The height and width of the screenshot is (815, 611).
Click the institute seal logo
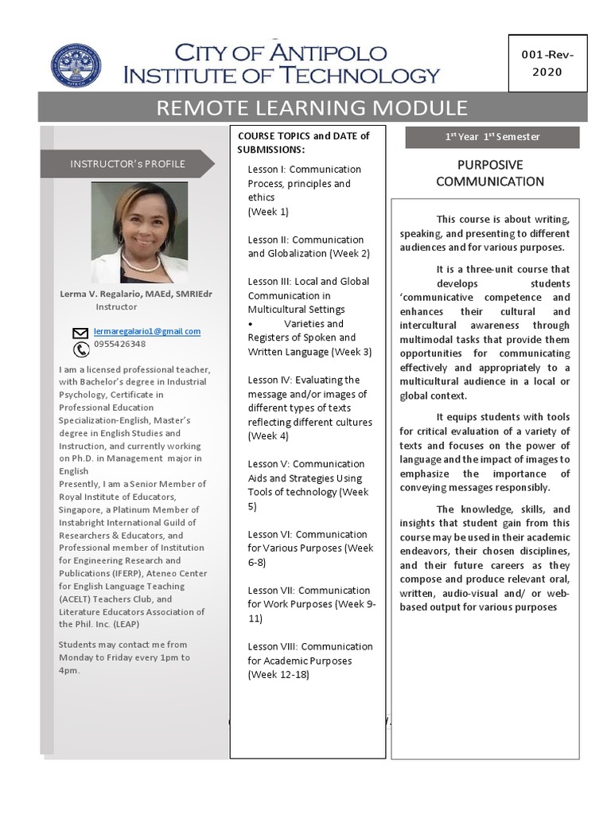pos(76,66)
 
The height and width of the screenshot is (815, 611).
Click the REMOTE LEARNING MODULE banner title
pos(312,107)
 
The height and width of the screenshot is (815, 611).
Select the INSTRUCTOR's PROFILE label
pos(127,164)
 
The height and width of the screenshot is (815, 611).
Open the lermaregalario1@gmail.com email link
pos(147,331)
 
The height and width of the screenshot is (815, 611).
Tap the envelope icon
pos(80,333)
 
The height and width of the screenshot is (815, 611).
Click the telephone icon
pos(80,349)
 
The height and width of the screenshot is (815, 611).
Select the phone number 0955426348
pos(119,345)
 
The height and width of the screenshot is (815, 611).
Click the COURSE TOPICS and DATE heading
pos(303,142)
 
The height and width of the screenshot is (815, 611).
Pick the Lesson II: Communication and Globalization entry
pos(305,246)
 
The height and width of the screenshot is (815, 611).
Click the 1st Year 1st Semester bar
pos(492,137)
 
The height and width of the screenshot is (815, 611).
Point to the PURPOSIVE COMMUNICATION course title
pos(489,173)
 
